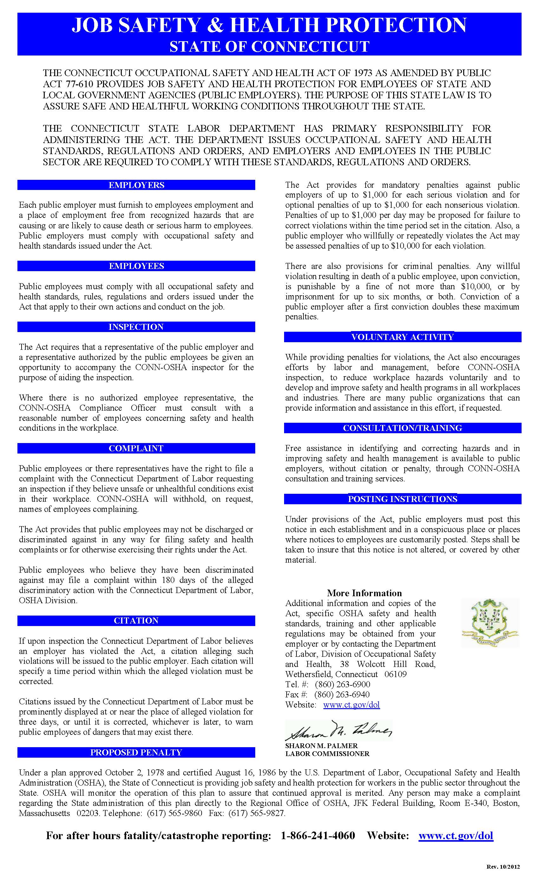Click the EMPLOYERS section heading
pyautogui.click(x=136, y=185)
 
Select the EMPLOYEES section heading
pyautogui.click(x=136, y=266)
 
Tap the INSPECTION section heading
pyautogui.click(x=136, y=327)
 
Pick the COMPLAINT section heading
pyautogui.click(x=136, y=448)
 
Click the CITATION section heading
pyautogui.click(x=136, y=621)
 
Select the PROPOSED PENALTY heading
pyautogui.click(x=136, y=753)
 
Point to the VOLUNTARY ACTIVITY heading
pyautogui.click(x=402, y=337)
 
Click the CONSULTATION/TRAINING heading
pyautogui.click(x=402, y=428)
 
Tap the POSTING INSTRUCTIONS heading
pyautogui.click(x=402, y=499)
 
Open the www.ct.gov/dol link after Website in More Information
pyautogui.click(x=351, y=705)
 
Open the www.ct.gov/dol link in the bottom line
pyautogui.click(x=456, y=836)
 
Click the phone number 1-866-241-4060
pyautogui.click(x=318, y=836)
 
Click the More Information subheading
pyautogui.click(x=364, y=593)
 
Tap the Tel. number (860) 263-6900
pyautogui.click(x=342, y=684)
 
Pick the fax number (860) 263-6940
pyautogui.click(x=342, y=695)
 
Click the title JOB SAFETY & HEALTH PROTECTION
pyautogui.click(x=269, y=25)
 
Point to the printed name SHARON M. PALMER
pyautogui.click(x=321, y=746)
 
